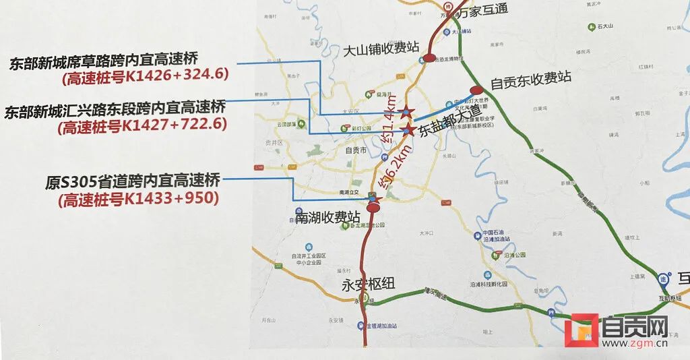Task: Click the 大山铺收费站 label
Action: pos(381,49)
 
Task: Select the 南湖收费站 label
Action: pos(328,217)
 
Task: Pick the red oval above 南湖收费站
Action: pos(373,208)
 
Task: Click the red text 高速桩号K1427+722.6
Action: pos(143,125)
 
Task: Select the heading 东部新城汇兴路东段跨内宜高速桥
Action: pos(115,110)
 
